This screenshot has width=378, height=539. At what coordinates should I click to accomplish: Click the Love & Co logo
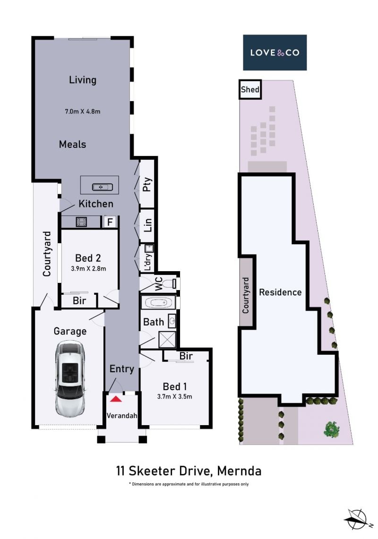click(275, 52)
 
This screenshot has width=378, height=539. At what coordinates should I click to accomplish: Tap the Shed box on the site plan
click(250, 90)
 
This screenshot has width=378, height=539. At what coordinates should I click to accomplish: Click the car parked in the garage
click(70, 378)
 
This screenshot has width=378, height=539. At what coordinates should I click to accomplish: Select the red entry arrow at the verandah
click(116, 399)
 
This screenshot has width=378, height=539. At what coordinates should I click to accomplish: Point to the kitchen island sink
click(102, 187)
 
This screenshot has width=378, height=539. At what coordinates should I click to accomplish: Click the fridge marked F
click(110, 222)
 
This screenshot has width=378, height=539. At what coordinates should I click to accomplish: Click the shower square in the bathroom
click(167, 340)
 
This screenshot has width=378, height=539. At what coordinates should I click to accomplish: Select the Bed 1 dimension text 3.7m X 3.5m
click(174, 396)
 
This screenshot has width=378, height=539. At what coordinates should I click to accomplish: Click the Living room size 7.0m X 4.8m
click(83, 111)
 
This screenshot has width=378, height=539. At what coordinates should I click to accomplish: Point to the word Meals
click(73, 145)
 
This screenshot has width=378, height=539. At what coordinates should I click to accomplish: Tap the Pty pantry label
click(147, 185)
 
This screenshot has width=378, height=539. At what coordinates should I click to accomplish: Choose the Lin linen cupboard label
click(147, 225)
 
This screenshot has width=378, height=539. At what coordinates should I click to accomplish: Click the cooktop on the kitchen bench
click(81, 222)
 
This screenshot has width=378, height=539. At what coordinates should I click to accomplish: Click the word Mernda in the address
click(240, 471)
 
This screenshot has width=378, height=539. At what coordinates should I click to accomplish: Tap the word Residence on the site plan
click(280, 292)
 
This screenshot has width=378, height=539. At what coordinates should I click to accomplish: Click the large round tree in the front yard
click(332, 429)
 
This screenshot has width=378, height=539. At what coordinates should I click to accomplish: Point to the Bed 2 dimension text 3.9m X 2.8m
click(88, 269)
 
